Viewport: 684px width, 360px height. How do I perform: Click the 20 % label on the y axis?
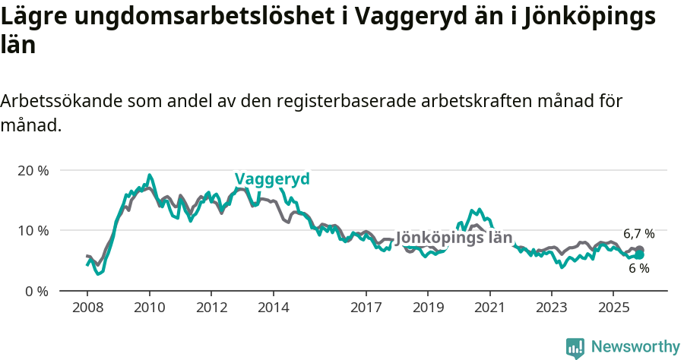pos(33,170)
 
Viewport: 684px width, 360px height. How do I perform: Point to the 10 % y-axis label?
pos(33,230)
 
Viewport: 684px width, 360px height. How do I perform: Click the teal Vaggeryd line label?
pos(272,179)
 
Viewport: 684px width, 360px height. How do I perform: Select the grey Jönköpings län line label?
pos(454,238)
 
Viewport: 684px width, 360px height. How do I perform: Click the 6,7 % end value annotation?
pos(638,234)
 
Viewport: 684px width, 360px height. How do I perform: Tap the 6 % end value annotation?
pos(638,268)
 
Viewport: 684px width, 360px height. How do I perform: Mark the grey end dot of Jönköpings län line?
pos(640,250)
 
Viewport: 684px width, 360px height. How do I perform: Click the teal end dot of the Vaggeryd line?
pos(640,255)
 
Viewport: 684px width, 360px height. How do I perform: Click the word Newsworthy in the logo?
pos(635,347)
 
